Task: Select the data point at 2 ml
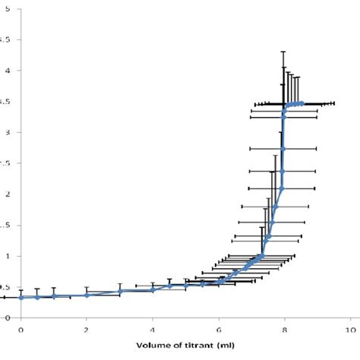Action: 87,295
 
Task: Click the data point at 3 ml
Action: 120,291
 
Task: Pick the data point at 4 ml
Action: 153,289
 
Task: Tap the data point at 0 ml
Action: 21,297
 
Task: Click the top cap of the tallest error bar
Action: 283,52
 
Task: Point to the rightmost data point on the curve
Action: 302,103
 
